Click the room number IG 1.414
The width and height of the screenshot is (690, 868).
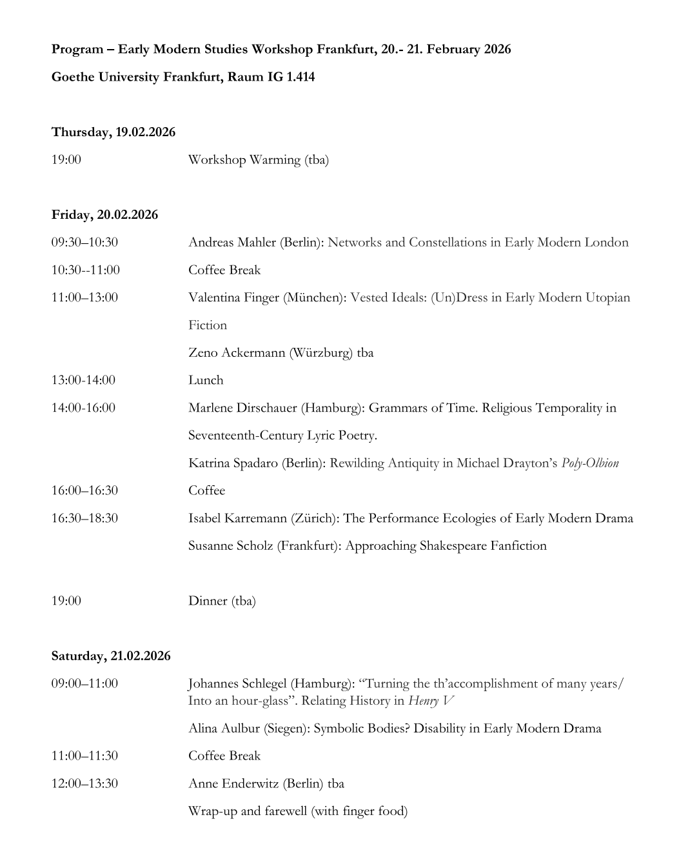tap(291, 77)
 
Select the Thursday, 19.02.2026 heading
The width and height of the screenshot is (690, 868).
tap(113, 132)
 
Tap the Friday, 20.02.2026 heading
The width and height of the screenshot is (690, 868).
tap(104, 215)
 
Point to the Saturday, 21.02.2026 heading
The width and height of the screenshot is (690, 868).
tap(111, 656)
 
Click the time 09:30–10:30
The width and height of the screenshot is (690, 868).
tap(84, 243)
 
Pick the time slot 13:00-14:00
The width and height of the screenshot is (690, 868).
tap(83, 380)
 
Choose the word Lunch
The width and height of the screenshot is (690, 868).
tap(206, 380)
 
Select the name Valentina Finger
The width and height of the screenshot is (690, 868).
tap(233, 298)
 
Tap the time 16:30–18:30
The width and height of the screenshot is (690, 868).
tap(84, 518)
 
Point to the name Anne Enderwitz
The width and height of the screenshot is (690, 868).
tap(233, 784)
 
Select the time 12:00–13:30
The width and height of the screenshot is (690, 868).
tap(84, 784)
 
